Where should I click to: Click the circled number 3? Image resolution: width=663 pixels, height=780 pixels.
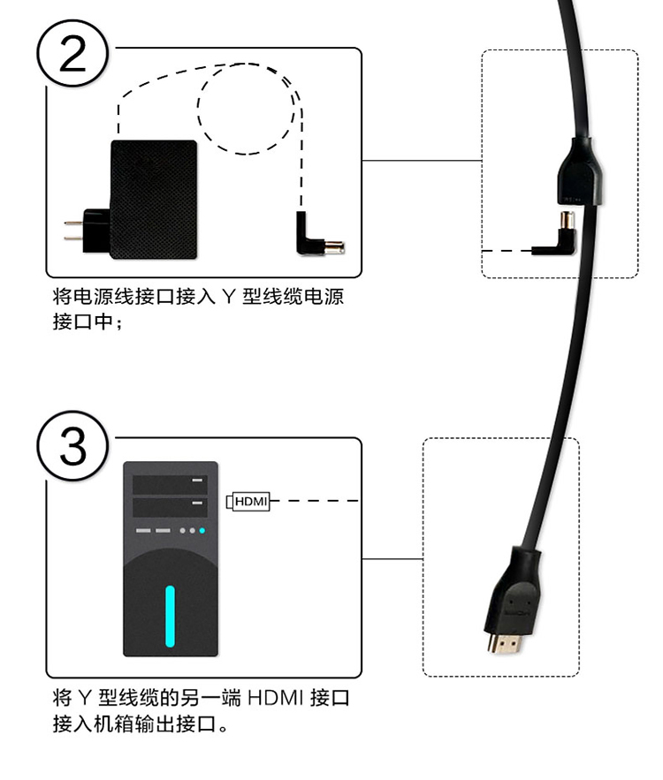click(x=73, y=447)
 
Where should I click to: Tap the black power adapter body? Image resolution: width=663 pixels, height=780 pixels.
click(x=152, y=199)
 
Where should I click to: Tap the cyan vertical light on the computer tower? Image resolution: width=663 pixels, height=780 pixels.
click(x=170, y=615)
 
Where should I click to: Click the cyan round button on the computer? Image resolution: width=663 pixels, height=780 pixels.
click(x=202, y=531)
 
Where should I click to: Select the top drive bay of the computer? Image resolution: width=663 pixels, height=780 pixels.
click(x=170, y=483)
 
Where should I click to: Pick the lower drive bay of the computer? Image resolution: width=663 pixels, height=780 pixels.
click(x=170, y=507)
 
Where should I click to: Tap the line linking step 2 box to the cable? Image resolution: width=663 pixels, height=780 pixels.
click(x=422, y=162)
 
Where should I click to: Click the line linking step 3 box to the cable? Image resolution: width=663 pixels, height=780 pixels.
click(x=392, y=558)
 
